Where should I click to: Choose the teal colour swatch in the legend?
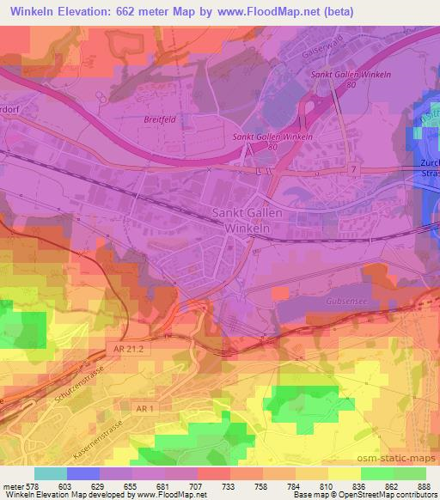point(50,473)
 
